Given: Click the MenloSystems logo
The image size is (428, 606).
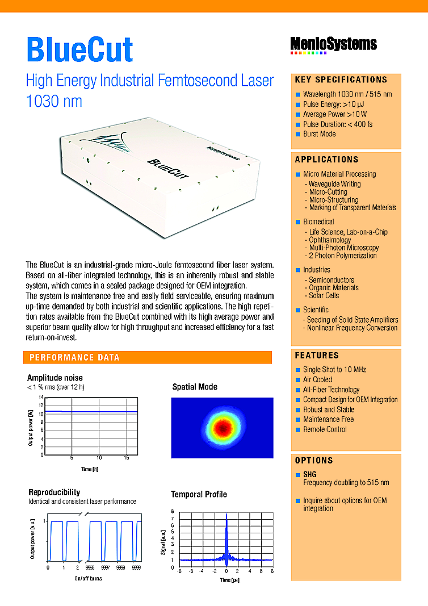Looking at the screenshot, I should point(333,44).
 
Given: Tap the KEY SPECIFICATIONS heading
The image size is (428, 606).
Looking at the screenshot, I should point(341,80).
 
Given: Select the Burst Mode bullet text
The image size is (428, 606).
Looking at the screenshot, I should point(319,134).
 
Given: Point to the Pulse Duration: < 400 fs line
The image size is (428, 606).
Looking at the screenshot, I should point(337,124).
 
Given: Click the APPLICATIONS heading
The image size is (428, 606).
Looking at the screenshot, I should point(326,160).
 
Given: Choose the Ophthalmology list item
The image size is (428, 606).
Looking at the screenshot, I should point(330,240).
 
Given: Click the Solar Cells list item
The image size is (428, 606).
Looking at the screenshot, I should point(324,295).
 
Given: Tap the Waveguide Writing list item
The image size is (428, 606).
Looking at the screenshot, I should point(334,184).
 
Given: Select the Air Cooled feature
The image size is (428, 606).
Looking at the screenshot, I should point(317,379).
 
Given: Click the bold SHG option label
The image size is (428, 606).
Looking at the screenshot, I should point(310,474).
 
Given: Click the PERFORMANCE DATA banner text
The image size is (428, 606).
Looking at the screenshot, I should point(74,357).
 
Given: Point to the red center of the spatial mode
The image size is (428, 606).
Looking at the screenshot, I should point(223,427).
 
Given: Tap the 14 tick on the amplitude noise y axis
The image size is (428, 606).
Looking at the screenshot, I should point(41,398).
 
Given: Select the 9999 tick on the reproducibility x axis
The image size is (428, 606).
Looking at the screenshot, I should point(136,567).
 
